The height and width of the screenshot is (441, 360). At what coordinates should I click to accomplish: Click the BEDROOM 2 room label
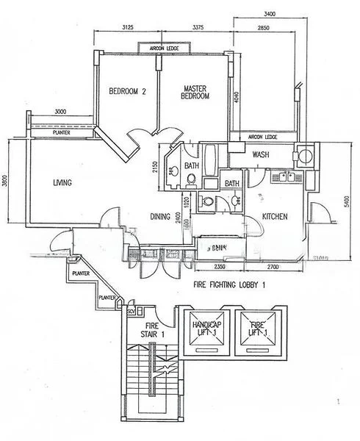[x=128, y=92]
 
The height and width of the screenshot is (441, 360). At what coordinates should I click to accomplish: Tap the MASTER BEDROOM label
[x=195, y=93]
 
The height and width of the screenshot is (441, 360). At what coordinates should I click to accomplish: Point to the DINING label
[x=160, y=217]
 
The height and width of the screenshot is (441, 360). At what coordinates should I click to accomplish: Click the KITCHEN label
[x=275, y=217]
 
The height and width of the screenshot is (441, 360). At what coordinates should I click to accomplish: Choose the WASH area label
[x=261, y=155]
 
